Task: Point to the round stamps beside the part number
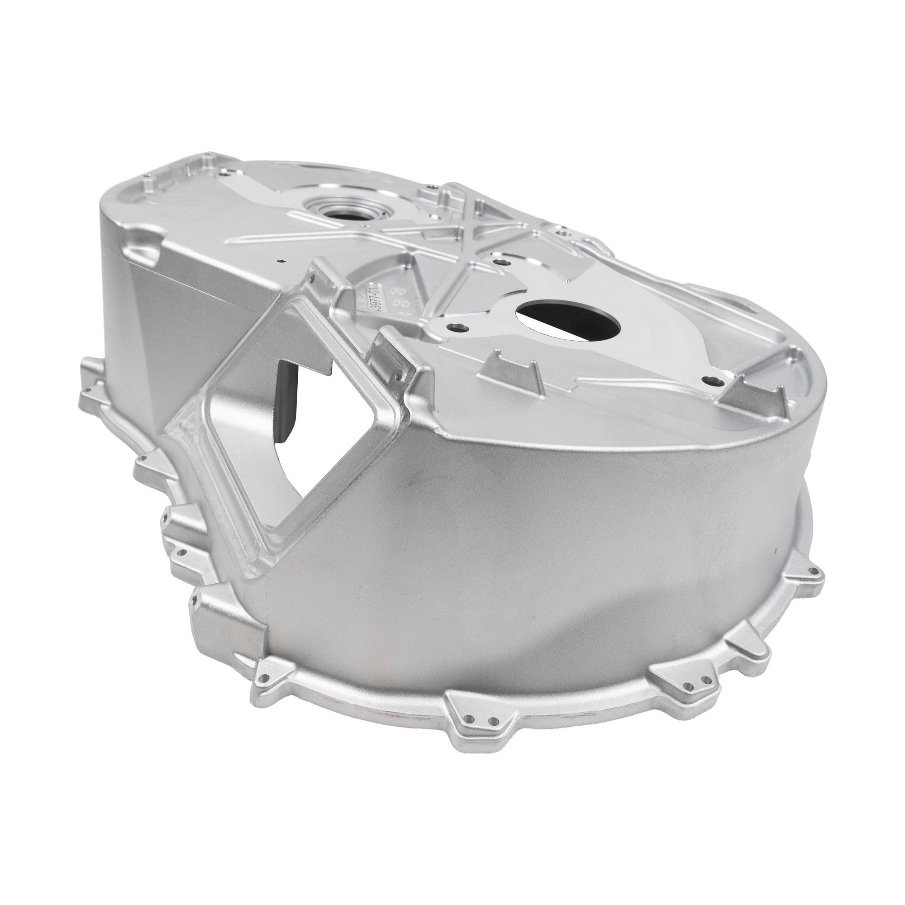(x=400, y=302)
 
